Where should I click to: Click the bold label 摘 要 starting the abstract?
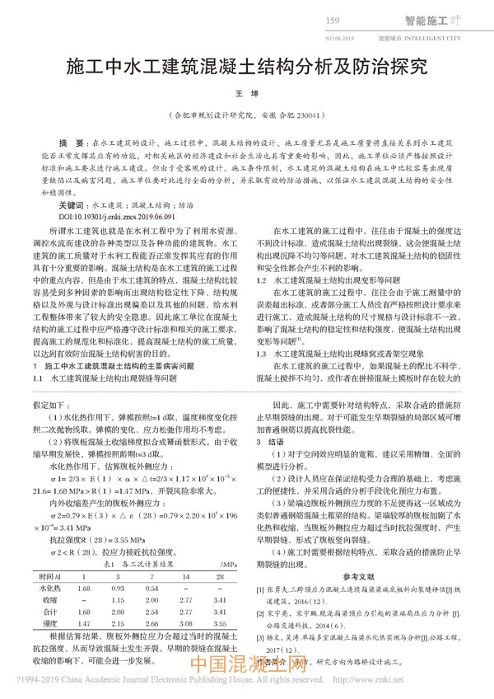[65, 143]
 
